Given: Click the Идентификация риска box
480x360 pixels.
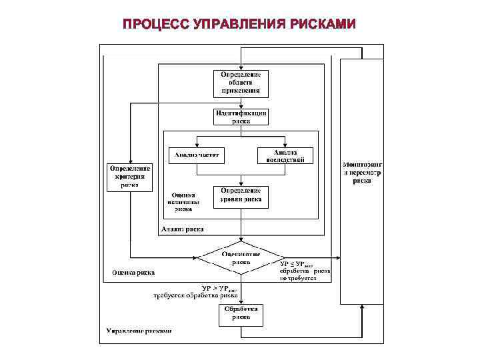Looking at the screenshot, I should point(241,117).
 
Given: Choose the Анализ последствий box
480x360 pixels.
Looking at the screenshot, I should point(285,155).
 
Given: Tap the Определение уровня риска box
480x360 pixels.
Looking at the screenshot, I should point(241,197).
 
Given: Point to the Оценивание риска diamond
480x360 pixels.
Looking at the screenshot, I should point(241,257).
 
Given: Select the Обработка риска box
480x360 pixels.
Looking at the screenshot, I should point(241,314).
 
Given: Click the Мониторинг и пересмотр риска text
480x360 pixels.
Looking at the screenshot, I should point(362,171).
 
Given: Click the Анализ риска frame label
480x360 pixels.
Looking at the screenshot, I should point(183,229).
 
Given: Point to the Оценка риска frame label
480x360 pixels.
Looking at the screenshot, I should point(134,272).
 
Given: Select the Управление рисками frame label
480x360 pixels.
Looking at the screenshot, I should point(139,331).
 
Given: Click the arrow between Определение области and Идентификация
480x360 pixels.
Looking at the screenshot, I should point(241,102).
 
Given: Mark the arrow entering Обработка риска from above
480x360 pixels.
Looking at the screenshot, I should point(241,299).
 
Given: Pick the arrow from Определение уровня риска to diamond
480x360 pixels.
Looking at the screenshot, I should point(241,227).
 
